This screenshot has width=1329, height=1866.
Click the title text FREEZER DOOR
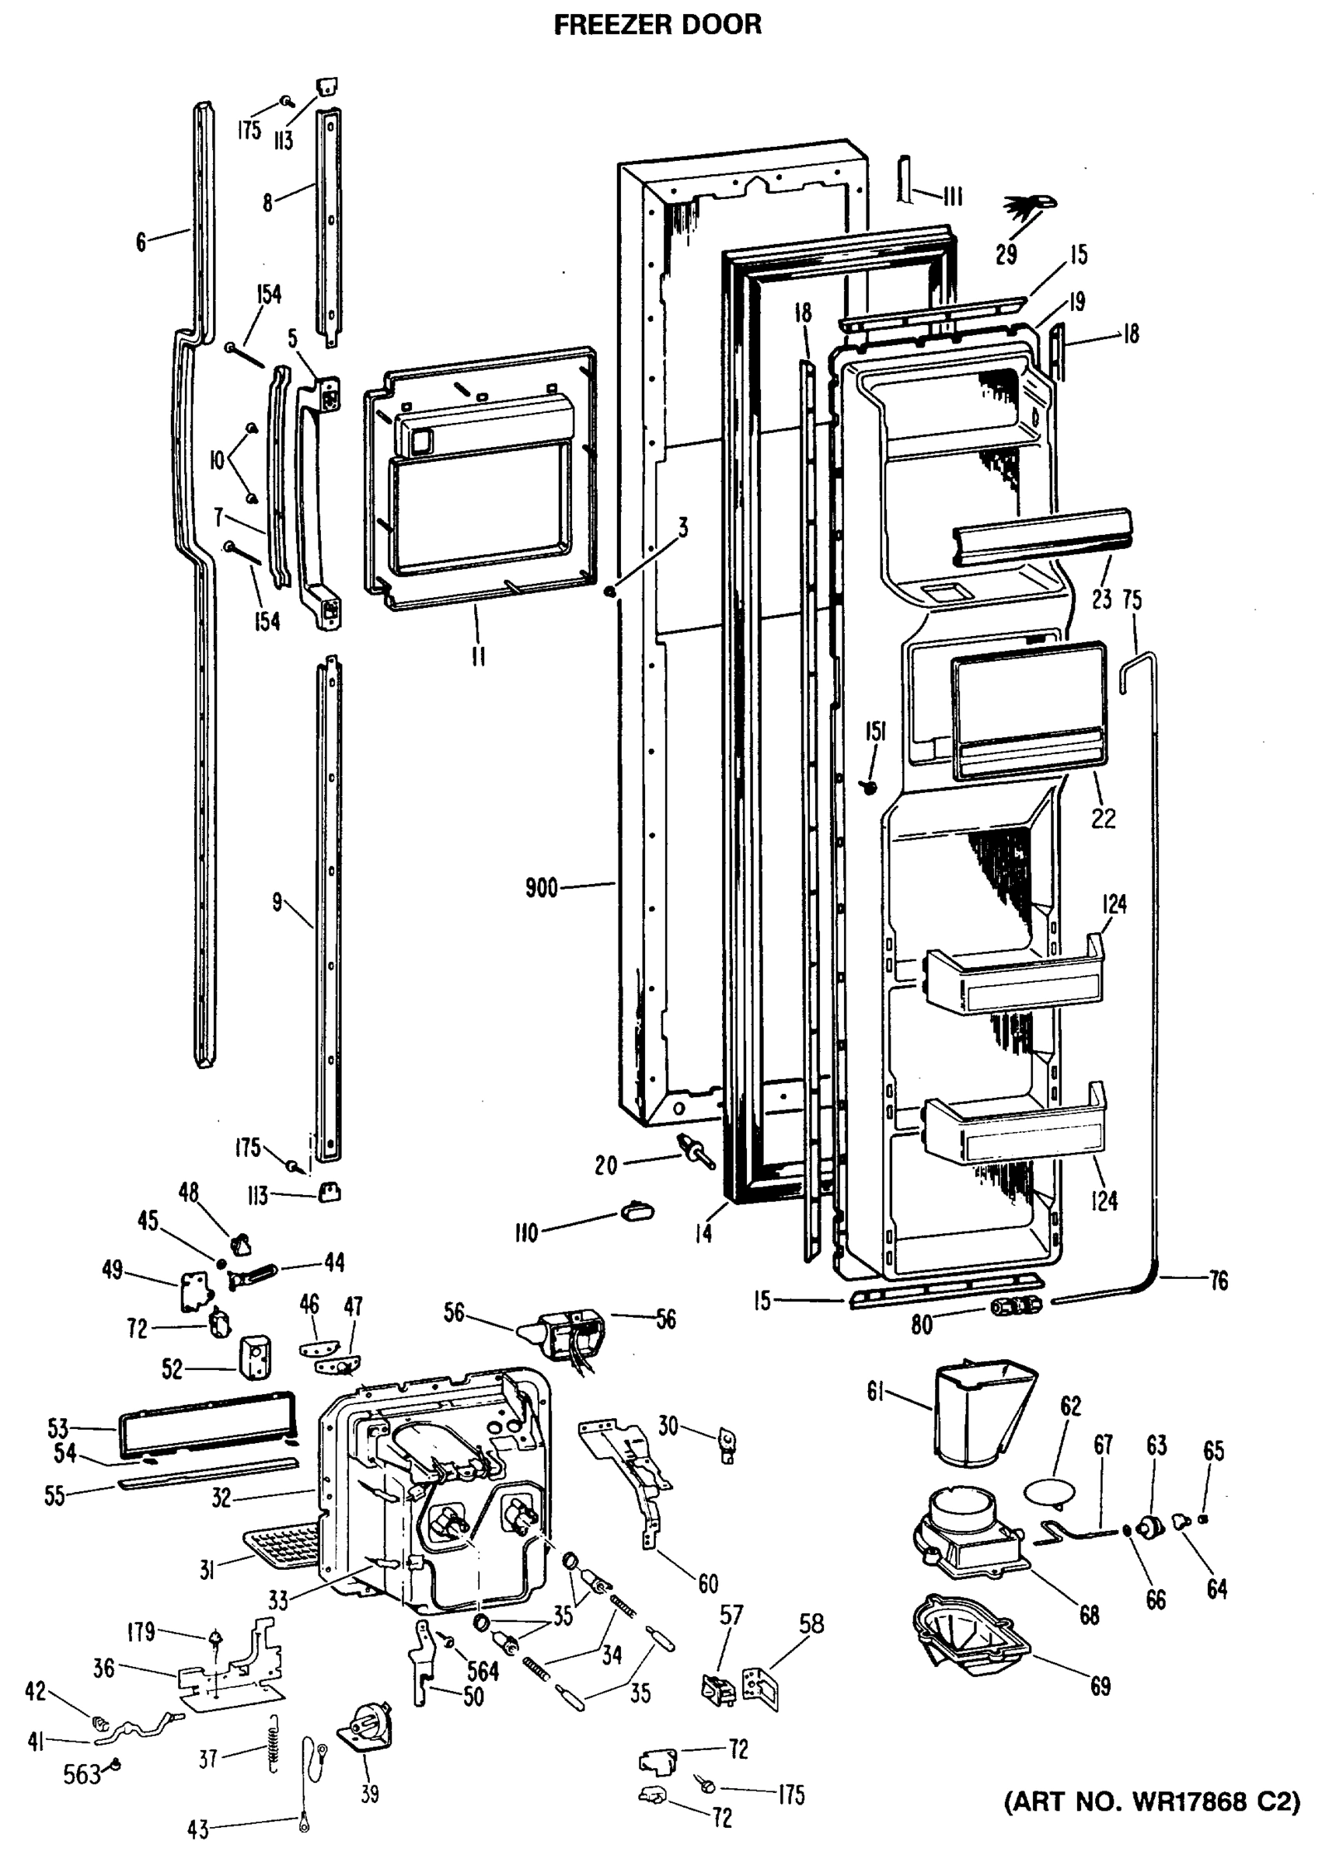658,26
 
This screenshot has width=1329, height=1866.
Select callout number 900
541,888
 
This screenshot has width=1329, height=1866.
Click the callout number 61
877,1390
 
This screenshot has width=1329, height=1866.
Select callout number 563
82,1774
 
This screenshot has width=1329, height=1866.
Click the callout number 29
1006,253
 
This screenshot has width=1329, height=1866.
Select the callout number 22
1102,818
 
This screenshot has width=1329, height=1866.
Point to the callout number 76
1219,1281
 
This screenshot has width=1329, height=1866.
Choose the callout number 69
1100,1686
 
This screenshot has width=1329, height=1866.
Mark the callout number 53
58,1429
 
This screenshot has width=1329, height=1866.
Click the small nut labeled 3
609,591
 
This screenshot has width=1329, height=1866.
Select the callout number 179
141,1632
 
